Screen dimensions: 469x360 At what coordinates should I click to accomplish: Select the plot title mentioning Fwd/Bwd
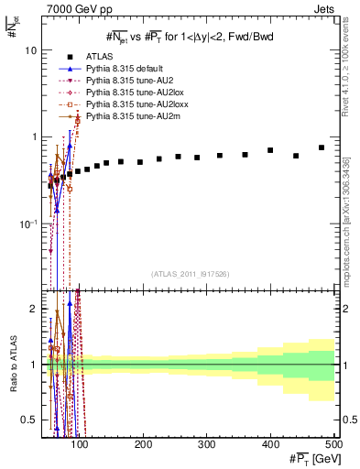pyautogui.click(x=190, y=37)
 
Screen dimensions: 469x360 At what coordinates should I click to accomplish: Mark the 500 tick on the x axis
pyautogui.click(x=333, y=444)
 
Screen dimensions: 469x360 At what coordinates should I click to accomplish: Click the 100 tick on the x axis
pyautogui.click(x=81, y=444)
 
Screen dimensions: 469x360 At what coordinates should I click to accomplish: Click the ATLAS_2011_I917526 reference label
pyautogui.click(x=189, y=274)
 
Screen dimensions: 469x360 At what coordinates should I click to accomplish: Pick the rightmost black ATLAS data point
pyautogui.click(x=322, y=147)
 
